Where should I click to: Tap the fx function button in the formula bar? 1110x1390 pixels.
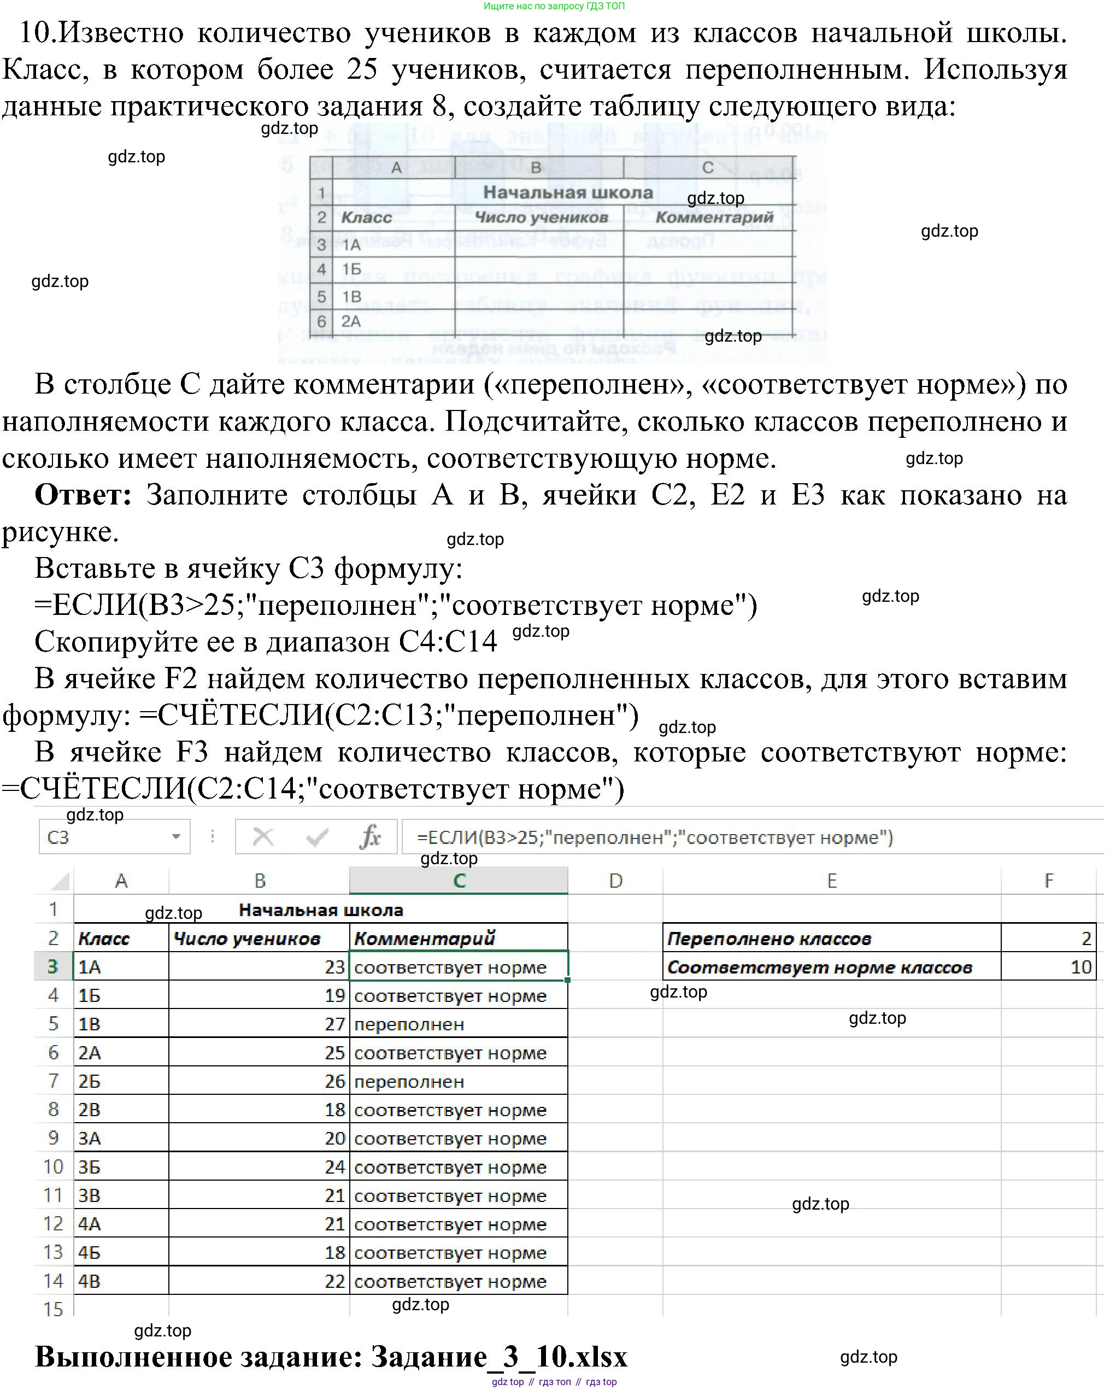[x=370, y=837]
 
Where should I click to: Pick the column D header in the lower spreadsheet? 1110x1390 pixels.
[x=615, y=881]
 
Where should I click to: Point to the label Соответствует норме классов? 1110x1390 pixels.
[x=819, y=967]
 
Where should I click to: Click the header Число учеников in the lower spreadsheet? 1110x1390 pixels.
[x=247, y=939]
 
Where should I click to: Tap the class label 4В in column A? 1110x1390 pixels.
[x=90, y=1281]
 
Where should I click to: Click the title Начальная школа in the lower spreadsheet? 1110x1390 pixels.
[x=321, y=910]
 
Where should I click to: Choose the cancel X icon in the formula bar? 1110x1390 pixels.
[x=263, y=837]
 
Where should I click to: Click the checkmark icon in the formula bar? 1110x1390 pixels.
[x=317, y=837]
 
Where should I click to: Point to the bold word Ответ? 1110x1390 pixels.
[x=83, y=495]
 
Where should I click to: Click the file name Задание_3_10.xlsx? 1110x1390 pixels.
[x=499, y=1357]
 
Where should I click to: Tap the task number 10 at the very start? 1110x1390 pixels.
[x=36, y=32]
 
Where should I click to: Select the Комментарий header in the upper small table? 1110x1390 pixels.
[x=714, y=217]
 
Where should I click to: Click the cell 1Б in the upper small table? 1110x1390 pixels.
[x=351, y=269]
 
